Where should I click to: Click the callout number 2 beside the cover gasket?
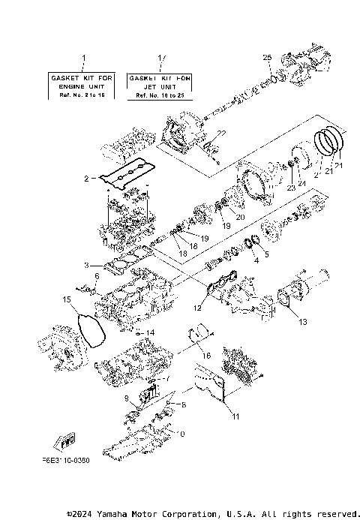coord(86,179)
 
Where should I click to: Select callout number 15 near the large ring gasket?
coord(66,300)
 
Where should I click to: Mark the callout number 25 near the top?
coord(266,57)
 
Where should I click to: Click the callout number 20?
coord(240,218)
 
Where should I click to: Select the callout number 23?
coord(290,189)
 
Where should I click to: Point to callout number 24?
coord(302,183)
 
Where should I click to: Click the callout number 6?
coord(96,276)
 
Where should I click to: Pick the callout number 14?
coord(150,332)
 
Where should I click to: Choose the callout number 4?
coord(256,261)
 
